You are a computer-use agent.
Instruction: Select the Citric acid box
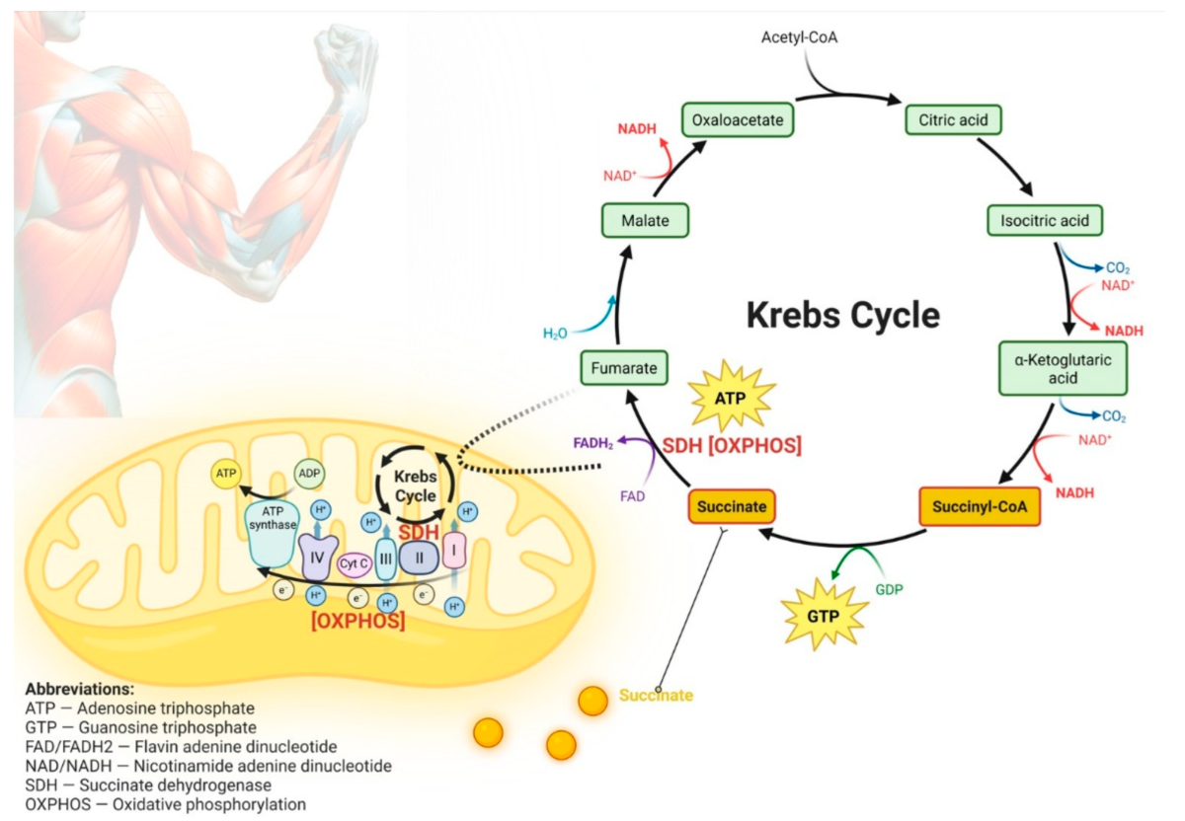[x=954, y=120]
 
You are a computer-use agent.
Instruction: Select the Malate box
[x=645, y=219]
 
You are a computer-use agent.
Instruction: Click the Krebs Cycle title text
[x=842, y=316]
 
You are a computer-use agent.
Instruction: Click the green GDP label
[x=889, y=589]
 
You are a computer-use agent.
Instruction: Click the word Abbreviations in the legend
[x=80, y=690]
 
